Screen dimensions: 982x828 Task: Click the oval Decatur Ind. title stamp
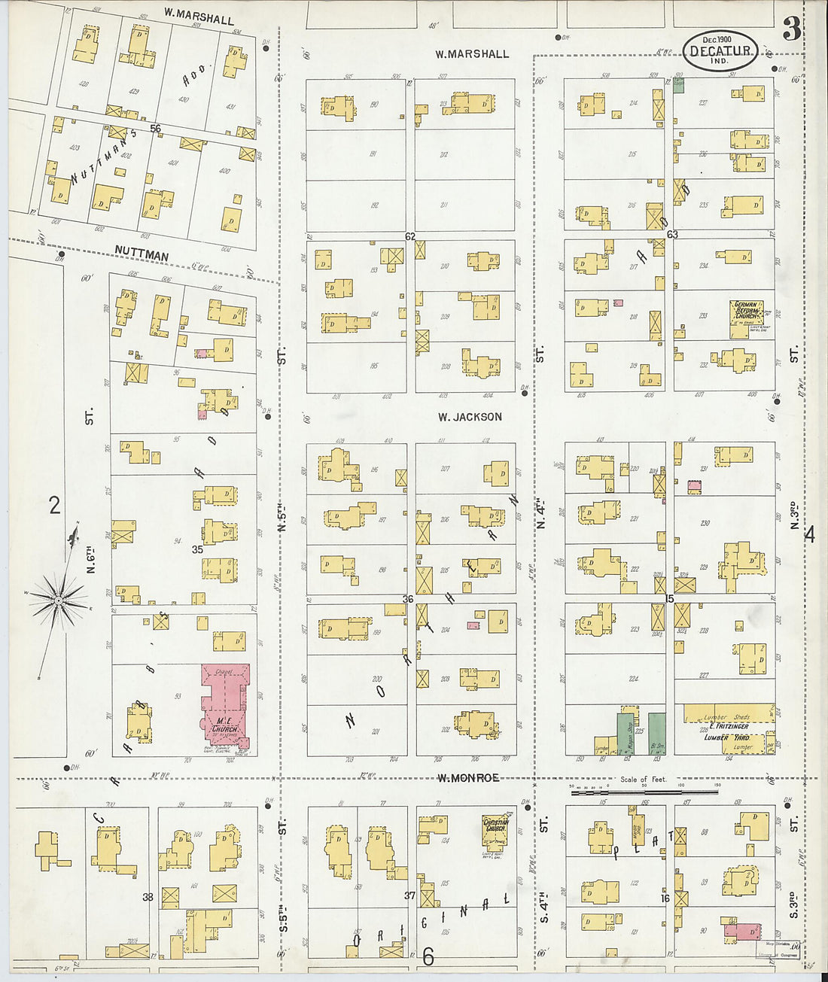click(720, 50)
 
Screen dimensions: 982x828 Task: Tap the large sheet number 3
click(791, 29)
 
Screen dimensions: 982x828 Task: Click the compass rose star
click(57, 600)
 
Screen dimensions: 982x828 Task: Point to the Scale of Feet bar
click(644, 791)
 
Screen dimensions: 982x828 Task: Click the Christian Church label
click(495, 825)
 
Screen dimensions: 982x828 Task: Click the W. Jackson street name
click(470, 417)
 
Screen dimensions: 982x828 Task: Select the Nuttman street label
click(142, 256)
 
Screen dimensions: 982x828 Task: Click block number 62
click(410, 236)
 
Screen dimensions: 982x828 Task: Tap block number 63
click(672, 235)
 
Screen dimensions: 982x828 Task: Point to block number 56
click(155, 129)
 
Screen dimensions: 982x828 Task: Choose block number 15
click(670, 598)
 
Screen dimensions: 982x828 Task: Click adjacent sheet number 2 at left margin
click(54, 505)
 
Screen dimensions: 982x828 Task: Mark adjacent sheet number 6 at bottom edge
click(428, 956)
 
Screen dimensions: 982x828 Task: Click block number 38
click(148, 897)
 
